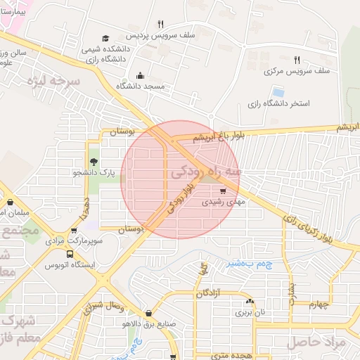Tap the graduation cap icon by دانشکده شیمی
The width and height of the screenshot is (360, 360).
click(x=105, y=38)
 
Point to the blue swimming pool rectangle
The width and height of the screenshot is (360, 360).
click(x=278, y=92)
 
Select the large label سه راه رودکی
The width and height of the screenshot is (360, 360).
click(x=205, y=171)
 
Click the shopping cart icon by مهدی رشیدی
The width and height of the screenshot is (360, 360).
click(x=224, y=190)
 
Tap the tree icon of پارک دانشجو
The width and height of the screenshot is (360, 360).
click(x=94, y=161)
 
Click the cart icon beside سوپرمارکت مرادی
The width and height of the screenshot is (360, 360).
click(x=74, y=230)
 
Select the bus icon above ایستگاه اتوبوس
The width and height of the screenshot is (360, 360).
click(x=70, y=254)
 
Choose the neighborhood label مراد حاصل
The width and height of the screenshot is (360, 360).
click(x=316, y=342)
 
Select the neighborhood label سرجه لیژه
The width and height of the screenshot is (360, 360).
click(x=54, y=82)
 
